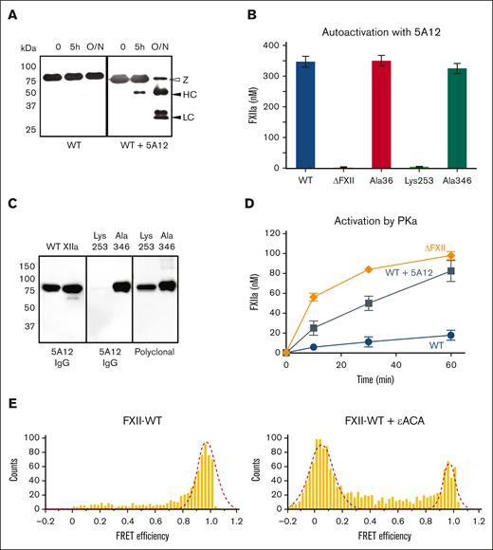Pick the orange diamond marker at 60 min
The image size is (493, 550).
point(450,255)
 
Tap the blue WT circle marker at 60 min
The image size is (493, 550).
point(450,335)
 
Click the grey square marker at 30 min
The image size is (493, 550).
point(368,303)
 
